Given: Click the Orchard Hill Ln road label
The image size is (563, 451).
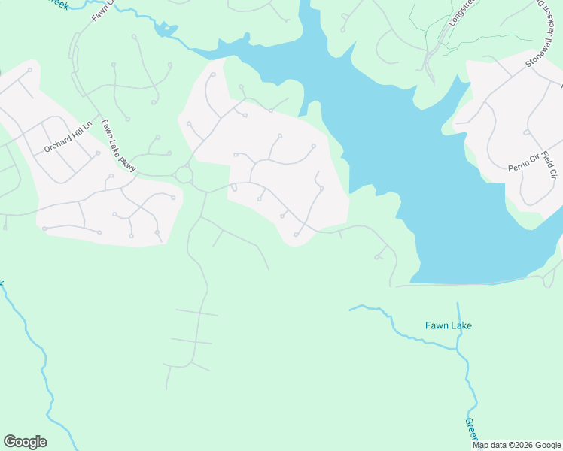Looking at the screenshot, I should [67, 136].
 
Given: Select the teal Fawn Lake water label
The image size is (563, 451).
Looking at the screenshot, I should [448, 325].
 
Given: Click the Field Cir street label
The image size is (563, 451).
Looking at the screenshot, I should [548, 165].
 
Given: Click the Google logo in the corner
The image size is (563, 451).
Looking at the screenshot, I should [25, 442].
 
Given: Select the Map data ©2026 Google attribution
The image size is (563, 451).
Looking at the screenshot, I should [516, 445].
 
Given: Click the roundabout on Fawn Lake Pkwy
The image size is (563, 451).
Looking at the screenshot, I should [184, 176].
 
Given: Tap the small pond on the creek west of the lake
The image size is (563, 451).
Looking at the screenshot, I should [164, 29].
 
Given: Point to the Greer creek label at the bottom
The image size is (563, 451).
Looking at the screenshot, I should [470, 431].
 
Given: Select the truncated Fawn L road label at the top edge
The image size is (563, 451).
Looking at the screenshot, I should [102, 10].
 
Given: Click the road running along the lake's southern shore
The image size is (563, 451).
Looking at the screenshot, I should [467, 284].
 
